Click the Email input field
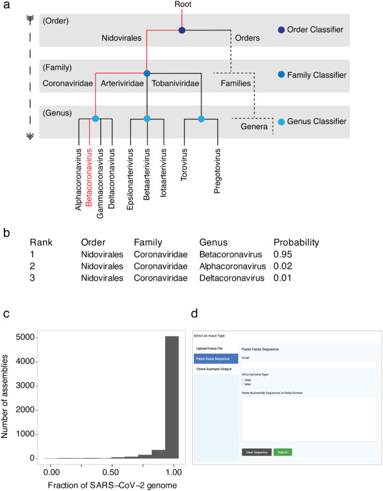click(x=309, y=364)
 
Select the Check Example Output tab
click(x=215, y=369)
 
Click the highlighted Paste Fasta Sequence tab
click(x=215, y=358)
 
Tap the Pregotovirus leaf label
click(x=217, y=170)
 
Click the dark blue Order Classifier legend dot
click(x=281, y=30)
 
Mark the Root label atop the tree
click(x=183, y=5)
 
